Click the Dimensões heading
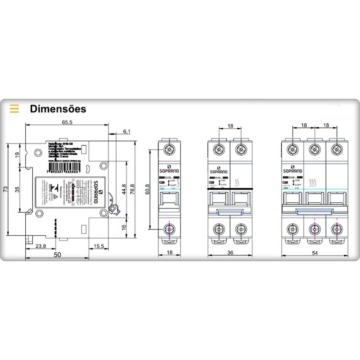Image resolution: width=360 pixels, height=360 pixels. (x=58, y=109)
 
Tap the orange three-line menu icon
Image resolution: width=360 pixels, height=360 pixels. (x=14, y=109)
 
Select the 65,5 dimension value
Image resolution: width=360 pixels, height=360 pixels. (x=67, y=122)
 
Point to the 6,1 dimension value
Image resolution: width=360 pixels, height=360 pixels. (x=127, y=131)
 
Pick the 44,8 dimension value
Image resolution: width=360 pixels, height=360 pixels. (x=124, y=190)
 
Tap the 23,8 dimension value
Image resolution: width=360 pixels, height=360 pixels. (x=41, y=246)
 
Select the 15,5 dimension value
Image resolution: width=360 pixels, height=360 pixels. (x=99, y=246)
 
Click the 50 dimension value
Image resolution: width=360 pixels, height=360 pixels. (x=57, y=255)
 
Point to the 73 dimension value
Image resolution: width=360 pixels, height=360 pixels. (x=5, y=189)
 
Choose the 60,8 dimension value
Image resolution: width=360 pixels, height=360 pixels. (x=147, y=190)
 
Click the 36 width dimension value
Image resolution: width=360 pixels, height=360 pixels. (x=230, y=252)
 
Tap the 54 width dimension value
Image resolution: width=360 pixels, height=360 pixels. (x=315, y=252)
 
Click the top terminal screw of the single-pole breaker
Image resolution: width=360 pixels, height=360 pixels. (x=169, y=150)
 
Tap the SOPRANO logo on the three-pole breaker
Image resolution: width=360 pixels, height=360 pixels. (x=292, y=171)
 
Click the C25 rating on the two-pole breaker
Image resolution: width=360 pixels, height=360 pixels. (x=212, y=182)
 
